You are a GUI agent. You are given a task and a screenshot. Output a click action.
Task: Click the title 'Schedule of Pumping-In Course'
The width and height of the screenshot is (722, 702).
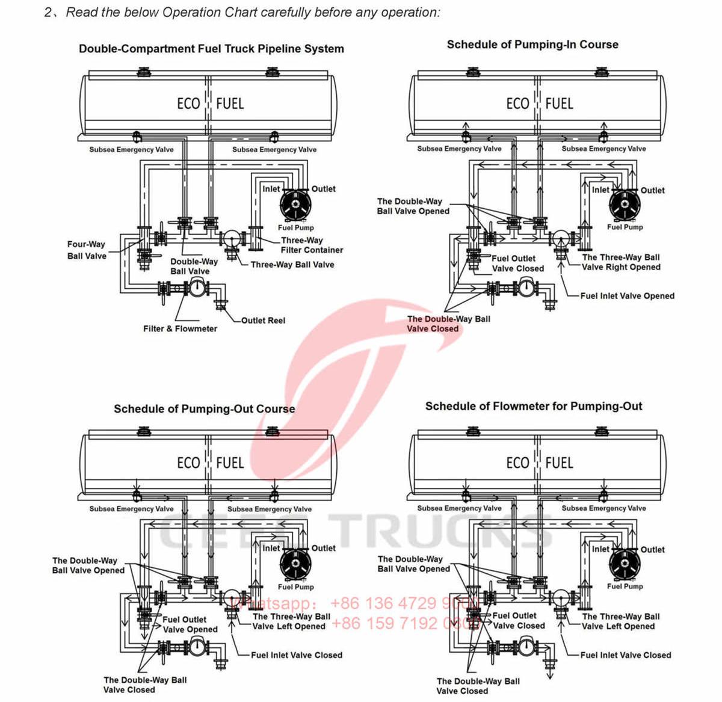(x=532, y=45)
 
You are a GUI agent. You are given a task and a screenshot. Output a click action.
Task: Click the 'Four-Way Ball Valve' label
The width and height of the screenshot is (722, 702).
(x=87, y=250)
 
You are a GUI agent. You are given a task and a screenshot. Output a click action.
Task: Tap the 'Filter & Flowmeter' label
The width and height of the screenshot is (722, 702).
(x=180, y=328)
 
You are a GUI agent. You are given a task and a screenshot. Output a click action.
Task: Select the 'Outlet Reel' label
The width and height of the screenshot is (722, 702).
(x=263, y=320)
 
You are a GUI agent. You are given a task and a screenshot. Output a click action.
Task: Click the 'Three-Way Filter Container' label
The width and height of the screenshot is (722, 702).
(x=311, y=245)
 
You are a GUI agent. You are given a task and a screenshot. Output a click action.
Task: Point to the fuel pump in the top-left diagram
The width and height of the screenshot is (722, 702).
(x=295, y=205)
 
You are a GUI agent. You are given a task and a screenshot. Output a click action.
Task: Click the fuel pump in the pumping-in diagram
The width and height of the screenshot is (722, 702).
(x=625, y=205)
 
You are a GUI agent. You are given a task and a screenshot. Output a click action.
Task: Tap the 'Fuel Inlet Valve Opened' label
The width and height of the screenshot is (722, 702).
(x=627, y=296)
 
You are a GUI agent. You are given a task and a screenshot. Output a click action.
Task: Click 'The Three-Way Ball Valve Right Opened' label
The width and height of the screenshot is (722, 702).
(x=620, y=262)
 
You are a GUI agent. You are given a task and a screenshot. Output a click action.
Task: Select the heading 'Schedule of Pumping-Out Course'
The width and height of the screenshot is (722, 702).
(x=204, y=409)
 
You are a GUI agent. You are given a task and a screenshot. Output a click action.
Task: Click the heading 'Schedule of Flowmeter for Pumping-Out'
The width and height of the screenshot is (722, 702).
(x=533, y=406)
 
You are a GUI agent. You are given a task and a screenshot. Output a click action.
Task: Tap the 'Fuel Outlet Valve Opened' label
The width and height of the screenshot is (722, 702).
(x=190, y=624)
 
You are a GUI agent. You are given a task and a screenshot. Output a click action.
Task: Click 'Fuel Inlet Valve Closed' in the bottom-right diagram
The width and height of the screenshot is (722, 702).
(x=625, y=655)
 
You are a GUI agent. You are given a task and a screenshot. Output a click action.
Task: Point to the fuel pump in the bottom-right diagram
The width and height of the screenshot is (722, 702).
(x=625, y=564)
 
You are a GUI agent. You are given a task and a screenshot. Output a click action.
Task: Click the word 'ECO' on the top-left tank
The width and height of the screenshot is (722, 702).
(x=188, y=103)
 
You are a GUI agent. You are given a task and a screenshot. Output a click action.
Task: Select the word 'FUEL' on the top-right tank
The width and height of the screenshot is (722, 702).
(x=559, y=103)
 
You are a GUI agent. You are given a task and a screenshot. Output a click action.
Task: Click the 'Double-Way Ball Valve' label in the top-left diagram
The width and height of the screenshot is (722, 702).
(x=194, y=266)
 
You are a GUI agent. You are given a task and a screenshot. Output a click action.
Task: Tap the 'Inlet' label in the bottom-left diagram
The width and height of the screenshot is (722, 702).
(x=271, y=548)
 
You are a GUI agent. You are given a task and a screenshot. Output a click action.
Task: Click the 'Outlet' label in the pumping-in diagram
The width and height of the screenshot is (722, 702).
(x=652, y=190)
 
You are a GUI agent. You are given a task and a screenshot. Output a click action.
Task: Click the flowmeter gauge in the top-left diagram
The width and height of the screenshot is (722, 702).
(x=196, y=289)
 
